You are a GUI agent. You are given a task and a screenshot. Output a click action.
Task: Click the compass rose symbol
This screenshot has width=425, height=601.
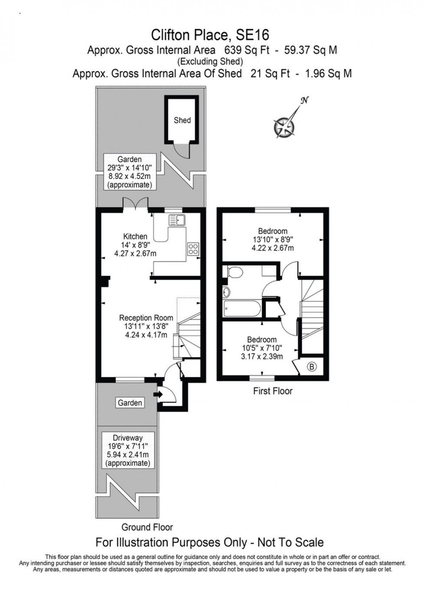pyautogui.click(x=284, y=126)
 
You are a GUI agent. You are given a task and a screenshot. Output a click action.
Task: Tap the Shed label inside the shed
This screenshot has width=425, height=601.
pyautogui.click(x=182, y=120)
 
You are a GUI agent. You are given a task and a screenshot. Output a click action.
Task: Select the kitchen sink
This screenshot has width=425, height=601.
pyautogui.click(x=177, y=220)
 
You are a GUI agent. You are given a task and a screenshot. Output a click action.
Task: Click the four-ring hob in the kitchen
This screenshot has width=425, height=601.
pyautogui.click(x=193, y=249)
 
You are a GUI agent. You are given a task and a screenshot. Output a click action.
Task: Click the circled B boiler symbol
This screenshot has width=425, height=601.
pyautogui.click(x=312, y=367)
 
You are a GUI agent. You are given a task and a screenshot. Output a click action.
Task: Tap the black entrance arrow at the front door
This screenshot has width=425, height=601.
pyautogui.click(x=157, y=394)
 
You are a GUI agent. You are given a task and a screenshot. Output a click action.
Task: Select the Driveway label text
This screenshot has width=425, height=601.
pyautogui.click(x=127, y=438)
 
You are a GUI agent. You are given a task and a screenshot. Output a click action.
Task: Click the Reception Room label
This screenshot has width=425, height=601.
pyautogui.click(x=146, y=318)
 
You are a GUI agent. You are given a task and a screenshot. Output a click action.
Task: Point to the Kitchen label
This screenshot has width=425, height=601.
pyautogui.click(x=135, y=236)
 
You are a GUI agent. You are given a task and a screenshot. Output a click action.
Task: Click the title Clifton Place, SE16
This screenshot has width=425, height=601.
pyautogui.click(x=210, y=34)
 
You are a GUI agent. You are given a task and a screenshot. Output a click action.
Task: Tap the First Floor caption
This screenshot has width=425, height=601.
pyautogui.click(x=273, y=391)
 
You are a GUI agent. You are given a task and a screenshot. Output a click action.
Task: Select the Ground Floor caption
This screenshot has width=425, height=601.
pyautogui.click(x=147, y=527)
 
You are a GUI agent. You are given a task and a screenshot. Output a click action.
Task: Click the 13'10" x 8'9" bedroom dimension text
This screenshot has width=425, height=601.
pyautogui.click(x=273, y=240)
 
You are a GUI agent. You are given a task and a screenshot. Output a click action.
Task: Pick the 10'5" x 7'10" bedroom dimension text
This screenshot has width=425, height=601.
pyautogui.click(x=262, y=348)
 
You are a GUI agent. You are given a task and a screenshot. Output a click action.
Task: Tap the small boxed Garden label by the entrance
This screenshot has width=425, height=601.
pyautogui.click(x=130, y=403)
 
